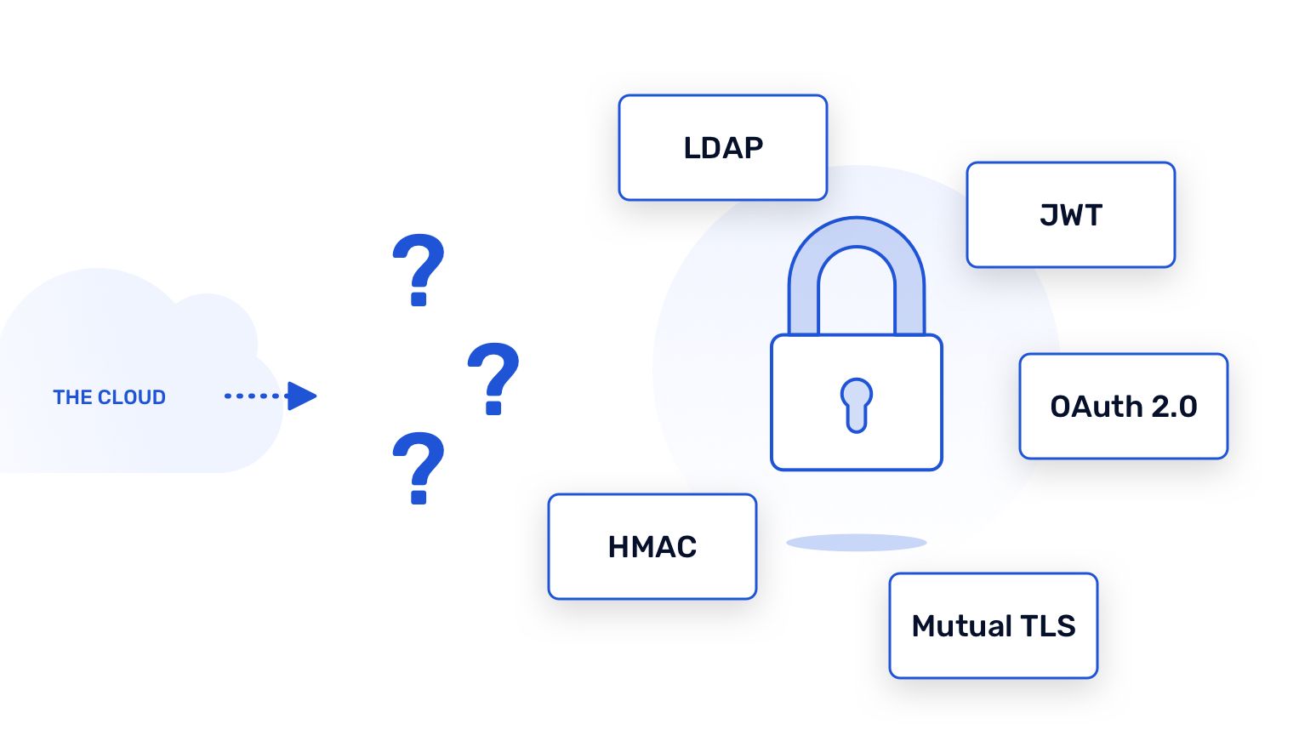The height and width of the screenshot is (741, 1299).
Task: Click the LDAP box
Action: [722, 148]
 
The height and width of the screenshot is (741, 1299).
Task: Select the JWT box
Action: [1070, 215]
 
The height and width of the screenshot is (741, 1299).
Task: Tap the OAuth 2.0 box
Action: [1123, 407]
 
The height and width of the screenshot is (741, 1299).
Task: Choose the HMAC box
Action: [652, 547]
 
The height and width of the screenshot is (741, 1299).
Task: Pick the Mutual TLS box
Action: [993, 626]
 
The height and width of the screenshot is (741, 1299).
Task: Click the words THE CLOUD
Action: [109, 397]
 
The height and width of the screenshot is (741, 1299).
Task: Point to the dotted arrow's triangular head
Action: [301, 396]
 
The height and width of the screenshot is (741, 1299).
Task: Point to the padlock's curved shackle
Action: [856, 247]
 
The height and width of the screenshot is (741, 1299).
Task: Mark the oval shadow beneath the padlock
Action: [856, 543]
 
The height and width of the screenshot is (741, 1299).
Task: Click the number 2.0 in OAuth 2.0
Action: [1174, 407]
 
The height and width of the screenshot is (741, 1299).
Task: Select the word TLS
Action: [1048, 626]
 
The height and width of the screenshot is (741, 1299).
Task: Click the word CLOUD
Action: [132, 397]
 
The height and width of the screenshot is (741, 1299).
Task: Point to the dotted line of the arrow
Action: [254, 396]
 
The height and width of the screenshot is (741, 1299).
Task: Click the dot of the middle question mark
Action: [493, 408]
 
